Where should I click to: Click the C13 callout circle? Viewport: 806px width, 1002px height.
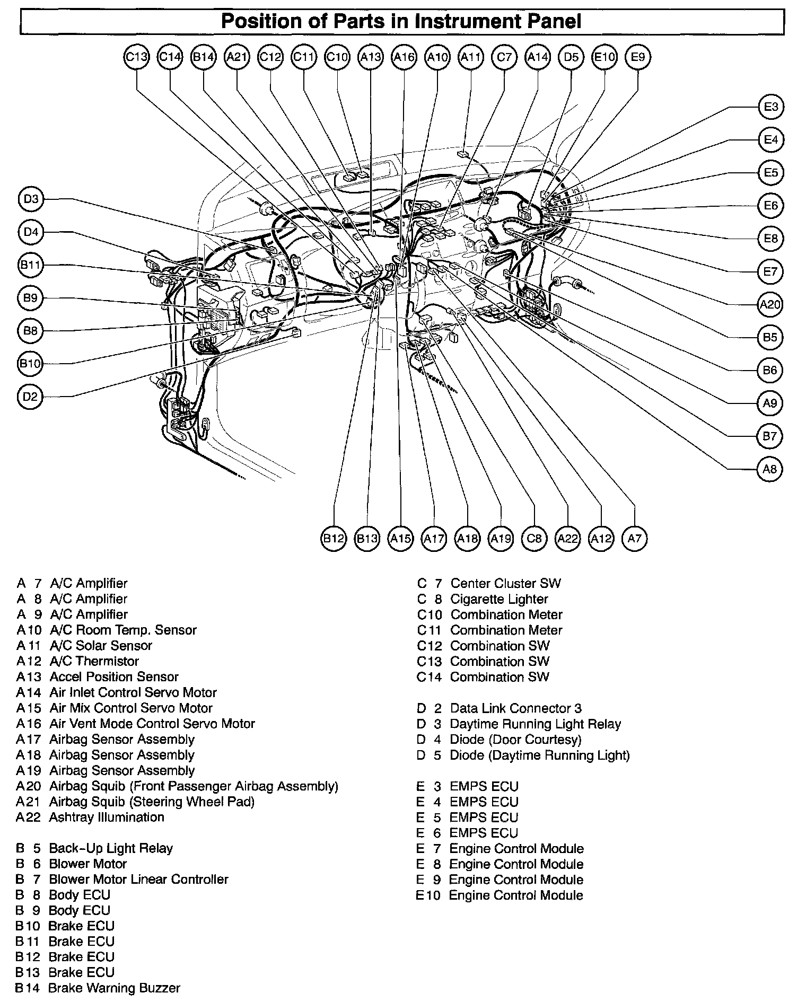136,57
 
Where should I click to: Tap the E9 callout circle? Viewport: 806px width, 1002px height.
638,57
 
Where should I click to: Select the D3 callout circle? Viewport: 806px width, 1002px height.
31,199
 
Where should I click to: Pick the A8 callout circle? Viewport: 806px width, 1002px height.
769,469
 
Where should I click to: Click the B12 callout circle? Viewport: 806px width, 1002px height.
334,539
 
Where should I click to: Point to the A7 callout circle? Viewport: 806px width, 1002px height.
635,539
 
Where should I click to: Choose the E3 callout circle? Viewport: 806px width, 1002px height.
770,107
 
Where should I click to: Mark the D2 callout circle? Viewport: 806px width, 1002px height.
30,397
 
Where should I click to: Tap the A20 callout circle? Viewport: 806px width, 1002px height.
770,304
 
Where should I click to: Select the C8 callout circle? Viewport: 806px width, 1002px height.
534,539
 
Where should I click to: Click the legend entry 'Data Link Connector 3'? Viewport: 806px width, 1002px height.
515,708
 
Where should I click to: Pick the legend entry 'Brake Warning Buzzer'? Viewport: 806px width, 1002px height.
114,988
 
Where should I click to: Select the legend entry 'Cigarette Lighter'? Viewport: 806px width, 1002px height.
499,599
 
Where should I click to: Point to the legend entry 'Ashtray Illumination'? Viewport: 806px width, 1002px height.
107,817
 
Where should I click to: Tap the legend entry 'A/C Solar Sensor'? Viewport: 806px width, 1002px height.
101,646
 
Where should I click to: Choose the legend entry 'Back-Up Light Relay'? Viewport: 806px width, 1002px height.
111,848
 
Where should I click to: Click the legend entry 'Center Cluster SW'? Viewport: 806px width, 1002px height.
505,583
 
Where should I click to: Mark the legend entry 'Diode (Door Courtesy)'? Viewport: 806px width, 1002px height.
515,740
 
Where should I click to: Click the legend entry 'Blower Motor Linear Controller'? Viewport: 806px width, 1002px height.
138,880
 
